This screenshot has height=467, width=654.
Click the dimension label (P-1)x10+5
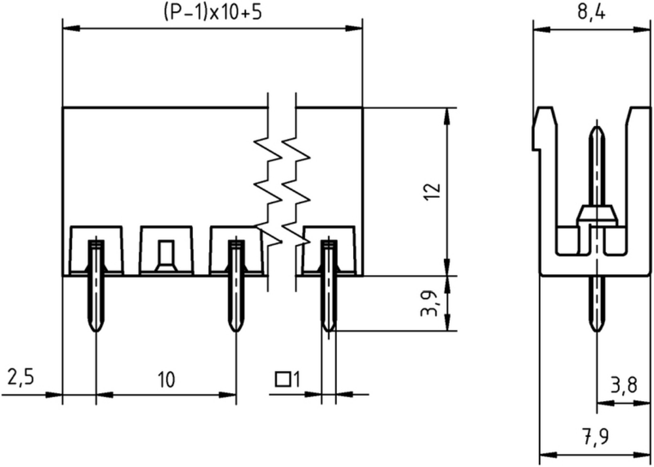coord(212,12)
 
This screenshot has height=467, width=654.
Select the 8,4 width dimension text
coord(591,12)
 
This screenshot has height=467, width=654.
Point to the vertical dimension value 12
coord(432,191)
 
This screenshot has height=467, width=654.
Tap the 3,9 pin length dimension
coord(430,304)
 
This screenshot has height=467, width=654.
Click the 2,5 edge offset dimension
coord(20,377)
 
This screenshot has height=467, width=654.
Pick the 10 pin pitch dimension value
coord(166,379)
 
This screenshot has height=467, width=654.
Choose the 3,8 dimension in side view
coord(624,385)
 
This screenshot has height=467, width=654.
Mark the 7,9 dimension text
coord(595,436)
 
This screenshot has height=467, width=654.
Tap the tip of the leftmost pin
coord(96,331)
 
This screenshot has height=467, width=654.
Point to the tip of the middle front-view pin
coord(236,331)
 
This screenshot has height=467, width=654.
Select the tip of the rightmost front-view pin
coord(330,331)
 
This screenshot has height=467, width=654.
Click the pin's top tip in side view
coord(597,126)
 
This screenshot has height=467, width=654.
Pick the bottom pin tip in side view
coord(597,332)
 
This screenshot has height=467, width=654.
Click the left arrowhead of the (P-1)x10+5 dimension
coord(71,29)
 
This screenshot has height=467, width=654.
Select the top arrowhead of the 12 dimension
coord(447,116)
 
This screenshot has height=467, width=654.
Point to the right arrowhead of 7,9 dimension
coord(642,455)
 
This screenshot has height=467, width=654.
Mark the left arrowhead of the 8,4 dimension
coord(542,29)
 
